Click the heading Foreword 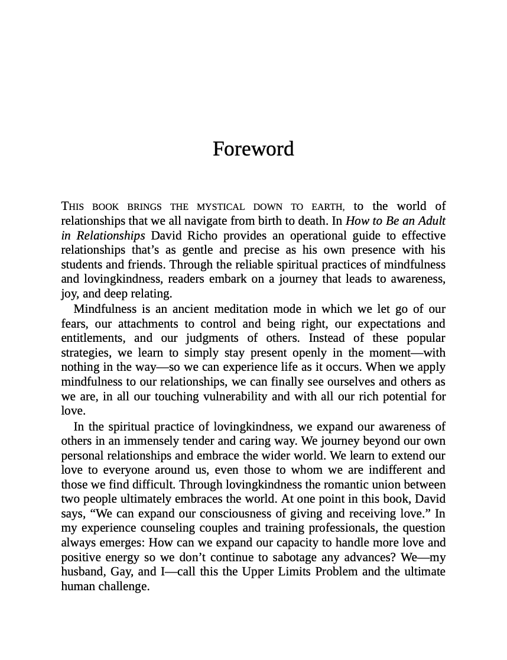point(253,148)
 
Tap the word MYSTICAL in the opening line point(220,207)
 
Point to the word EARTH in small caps point(327,207)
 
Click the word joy point(69,294)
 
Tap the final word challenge point(124,587)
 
